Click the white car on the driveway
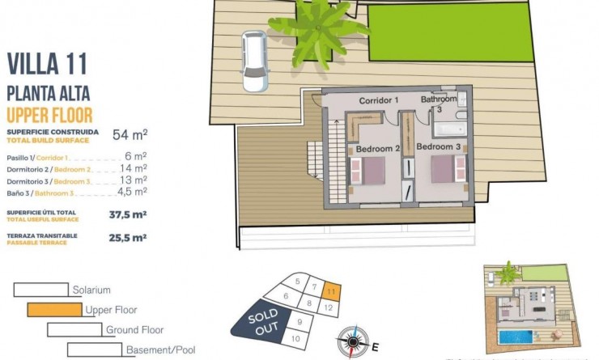point(255,61)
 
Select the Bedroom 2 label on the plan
point(378,149)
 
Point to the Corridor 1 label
point(380,100)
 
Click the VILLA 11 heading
point(47,64)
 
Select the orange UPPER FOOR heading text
point(49,115)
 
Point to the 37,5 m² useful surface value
point(127,215)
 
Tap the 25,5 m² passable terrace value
point(127,238)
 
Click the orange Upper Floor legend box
point(53,309)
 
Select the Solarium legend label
point(91,290)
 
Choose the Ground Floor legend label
point(134,330)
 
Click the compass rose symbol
point(352,339)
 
